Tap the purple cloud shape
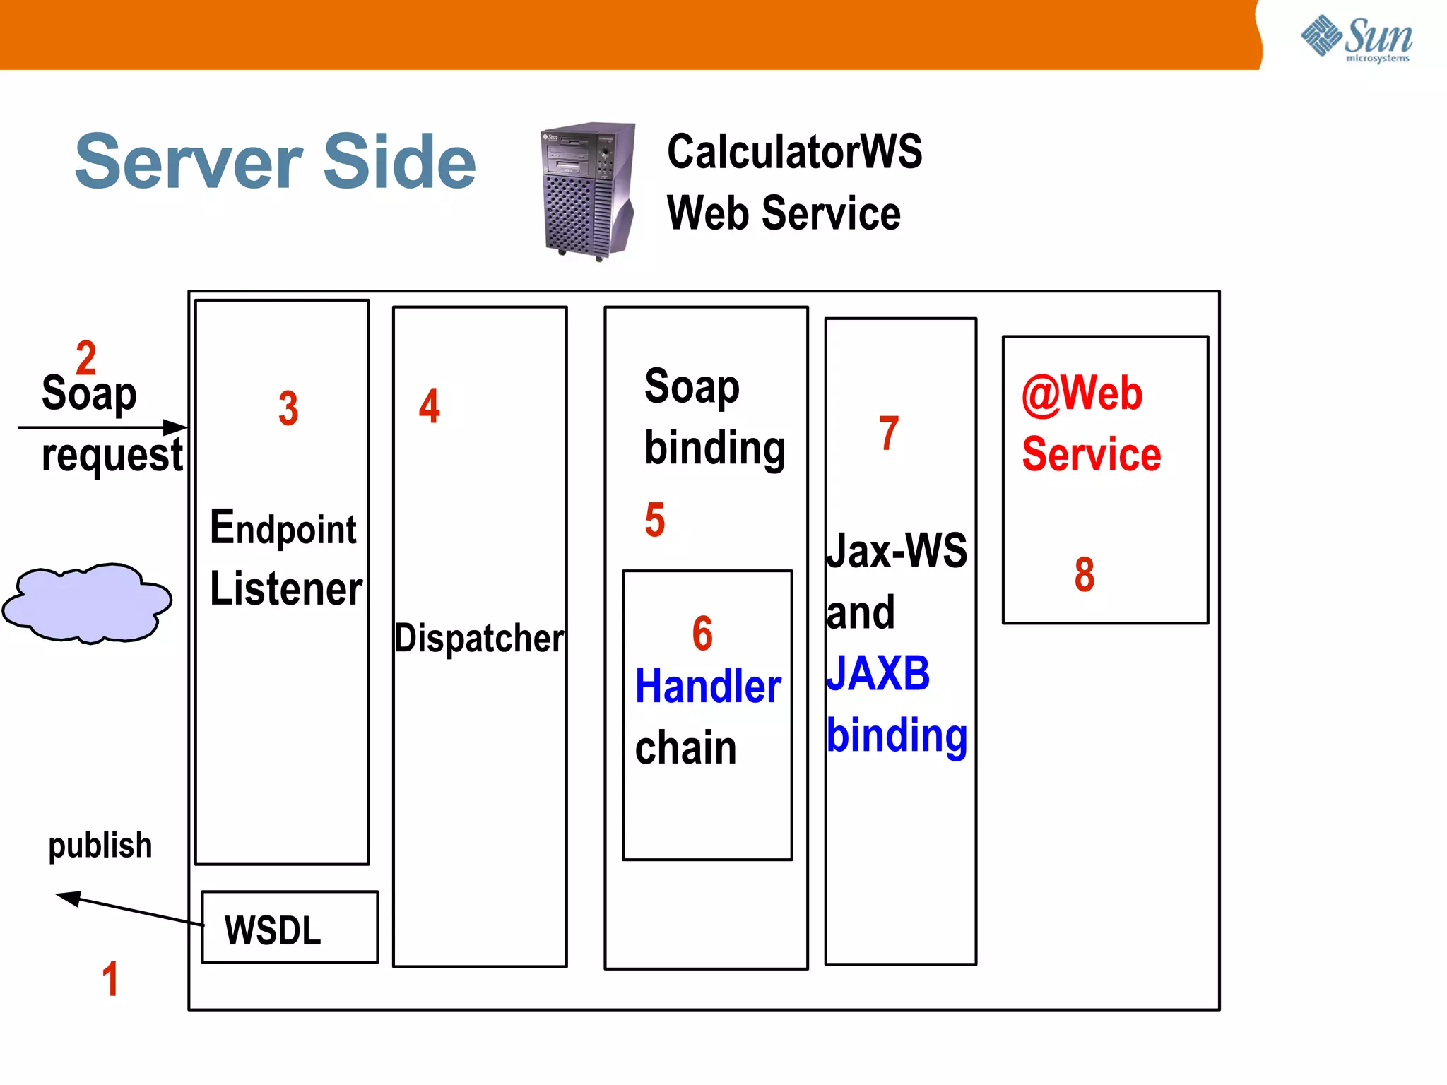[x=87, y=603]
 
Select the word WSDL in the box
[x=273, y=930]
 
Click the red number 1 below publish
[x=110, y=979]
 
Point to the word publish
[x=100, y=846]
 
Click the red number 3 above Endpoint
[x=288, y=408]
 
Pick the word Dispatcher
[x=479, y=638]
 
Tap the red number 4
[x=429, y=406]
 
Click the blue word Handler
[x=708, y=687]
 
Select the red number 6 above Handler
[x=702, y=633]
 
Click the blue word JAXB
[x=878, y=673]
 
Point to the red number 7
[x=889, y=433]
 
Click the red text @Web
[x=1082, y=393]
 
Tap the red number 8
[x=1085, y=574]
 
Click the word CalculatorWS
[x=794, y=152]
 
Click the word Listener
[x=286, y=588]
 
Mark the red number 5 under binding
[x=655, y=520]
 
